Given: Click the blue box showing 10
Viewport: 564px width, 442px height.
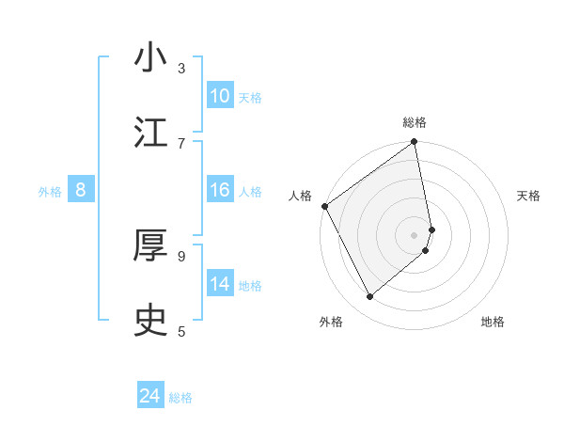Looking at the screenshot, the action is point(220,96).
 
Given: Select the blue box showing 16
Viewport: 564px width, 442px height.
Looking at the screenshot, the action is point(220,190).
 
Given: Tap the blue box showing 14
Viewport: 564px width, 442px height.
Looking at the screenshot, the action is point(220,284).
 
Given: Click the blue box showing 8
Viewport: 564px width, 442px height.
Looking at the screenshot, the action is point(81,190).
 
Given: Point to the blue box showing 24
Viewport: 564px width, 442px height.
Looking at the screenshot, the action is point(150,397).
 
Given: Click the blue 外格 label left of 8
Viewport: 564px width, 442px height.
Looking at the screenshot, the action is point(50,192).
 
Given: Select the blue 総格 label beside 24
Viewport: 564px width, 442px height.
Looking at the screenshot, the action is point(180,399).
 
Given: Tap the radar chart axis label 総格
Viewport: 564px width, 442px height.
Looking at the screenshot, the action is point(415,122).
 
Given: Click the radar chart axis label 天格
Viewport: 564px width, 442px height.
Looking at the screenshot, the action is point(529,196).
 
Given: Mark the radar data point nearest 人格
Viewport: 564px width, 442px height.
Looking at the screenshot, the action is point(325,206).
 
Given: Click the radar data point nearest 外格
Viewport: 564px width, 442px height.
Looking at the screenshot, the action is point(370,296).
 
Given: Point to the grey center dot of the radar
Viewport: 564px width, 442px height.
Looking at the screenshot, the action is point(415,234).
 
